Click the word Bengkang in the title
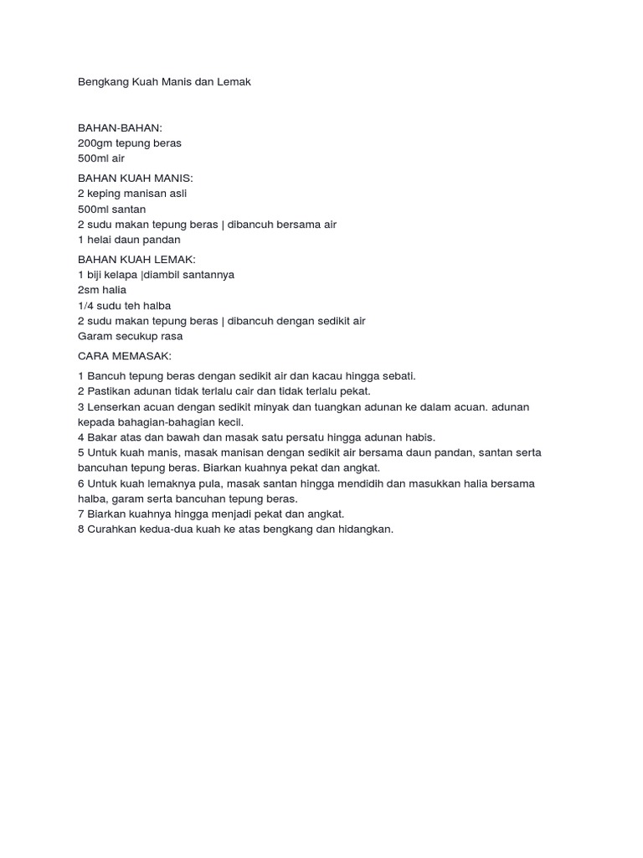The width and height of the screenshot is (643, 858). click(x=102, y=82)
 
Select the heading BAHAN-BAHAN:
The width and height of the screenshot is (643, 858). click(x=120, y=128)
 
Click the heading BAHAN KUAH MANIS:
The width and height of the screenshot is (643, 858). click(x=135, y=178)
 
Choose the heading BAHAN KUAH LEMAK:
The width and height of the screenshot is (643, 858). click(x=136, y=260)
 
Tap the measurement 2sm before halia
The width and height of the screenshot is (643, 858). click(x=88, y=290)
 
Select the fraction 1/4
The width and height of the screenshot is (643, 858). click(x=87, y=306)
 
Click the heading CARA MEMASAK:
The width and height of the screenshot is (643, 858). click(x=124, y=356)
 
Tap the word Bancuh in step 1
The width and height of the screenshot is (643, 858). click(x=106, y=376)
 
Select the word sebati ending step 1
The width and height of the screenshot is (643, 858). click(x=396, y=376)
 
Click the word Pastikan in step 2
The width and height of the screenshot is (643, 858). click(x=109, y=391)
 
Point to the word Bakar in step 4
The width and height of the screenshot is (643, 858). click(x=102, y=437)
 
